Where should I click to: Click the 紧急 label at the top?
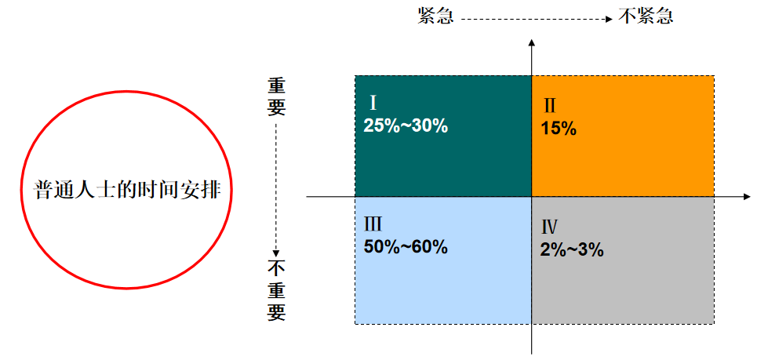tap(435, 16)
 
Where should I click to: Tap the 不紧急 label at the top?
tap(646, 16)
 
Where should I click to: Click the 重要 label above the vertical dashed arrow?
tap(276, 96)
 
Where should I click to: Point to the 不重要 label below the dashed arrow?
tap(276, 289)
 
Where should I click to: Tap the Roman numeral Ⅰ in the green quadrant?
tap(374, 103)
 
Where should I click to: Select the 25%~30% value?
tap(406, 125)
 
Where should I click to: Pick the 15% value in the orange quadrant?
tap(559, 129)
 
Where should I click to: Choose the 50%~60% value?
tap(406, 246)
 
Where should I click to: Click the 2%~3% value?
tap(572, 250)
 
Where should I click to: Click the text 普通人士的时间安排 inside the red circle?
tap(126, 191)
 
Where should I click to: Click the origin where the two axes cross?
tap(532, 196)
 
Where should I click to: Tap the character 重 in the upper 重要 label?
tap(276, 85)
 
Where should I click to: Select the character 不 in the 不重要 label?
tap(276, 267)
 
